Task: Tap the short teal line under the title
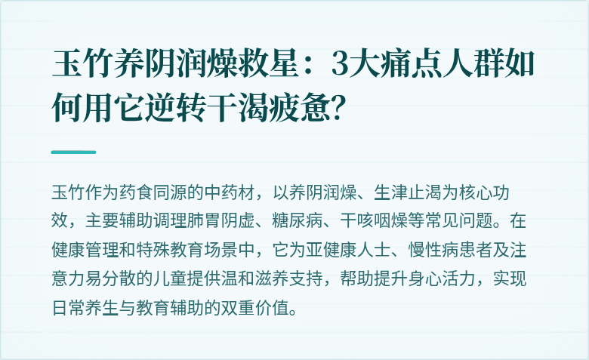pos(73,152)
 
